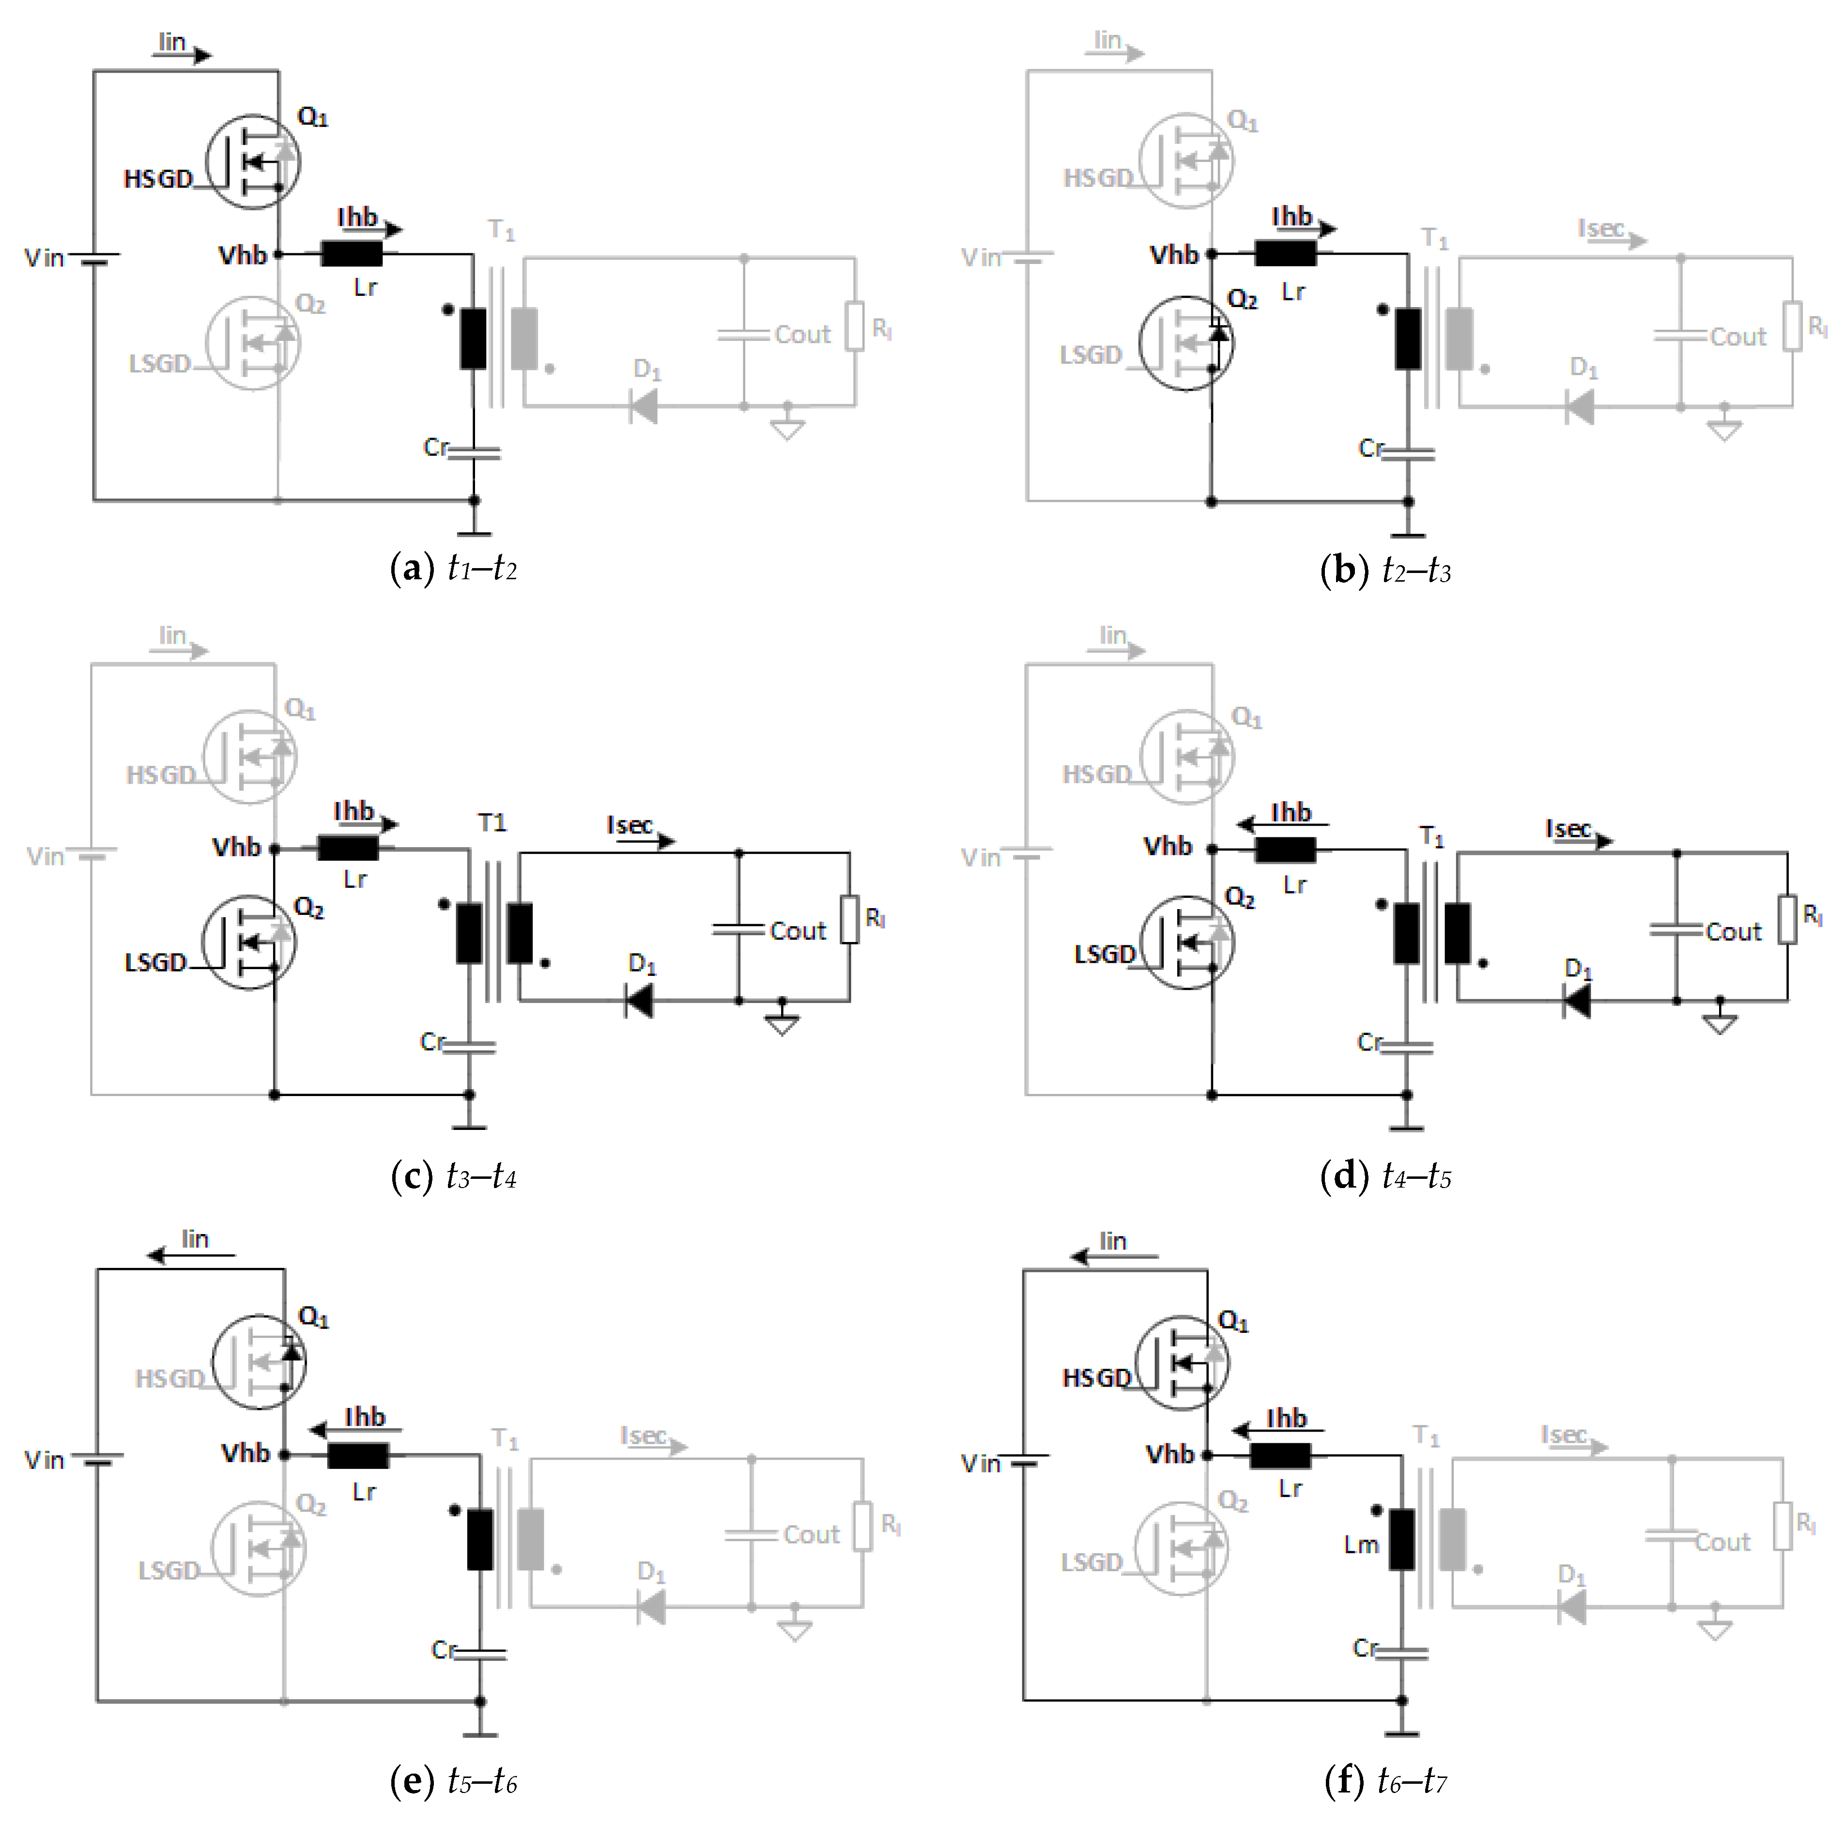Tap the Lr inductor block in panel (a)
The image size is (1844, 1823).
pyautogui.click(x=351, y=254)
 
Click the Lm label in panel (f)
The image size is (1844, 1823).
pyautogui.click(x=1361, y=1545)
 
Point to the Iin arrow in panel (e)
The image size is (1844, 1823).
pyautogui.click(x=191, y=1255)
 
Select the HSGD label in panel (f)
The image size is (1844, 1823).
pyautogui.click(x=1096, y=1378)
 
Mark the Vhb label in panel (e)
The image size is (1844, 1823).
pyautogui.click(x=246, y=1452)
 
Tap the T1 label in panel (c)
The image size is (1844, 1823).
pyautogui.click(x=492, y=823)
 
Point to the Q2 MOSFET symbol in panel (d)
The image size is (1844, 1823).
pyautogui.click(x=1186, y=942)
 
